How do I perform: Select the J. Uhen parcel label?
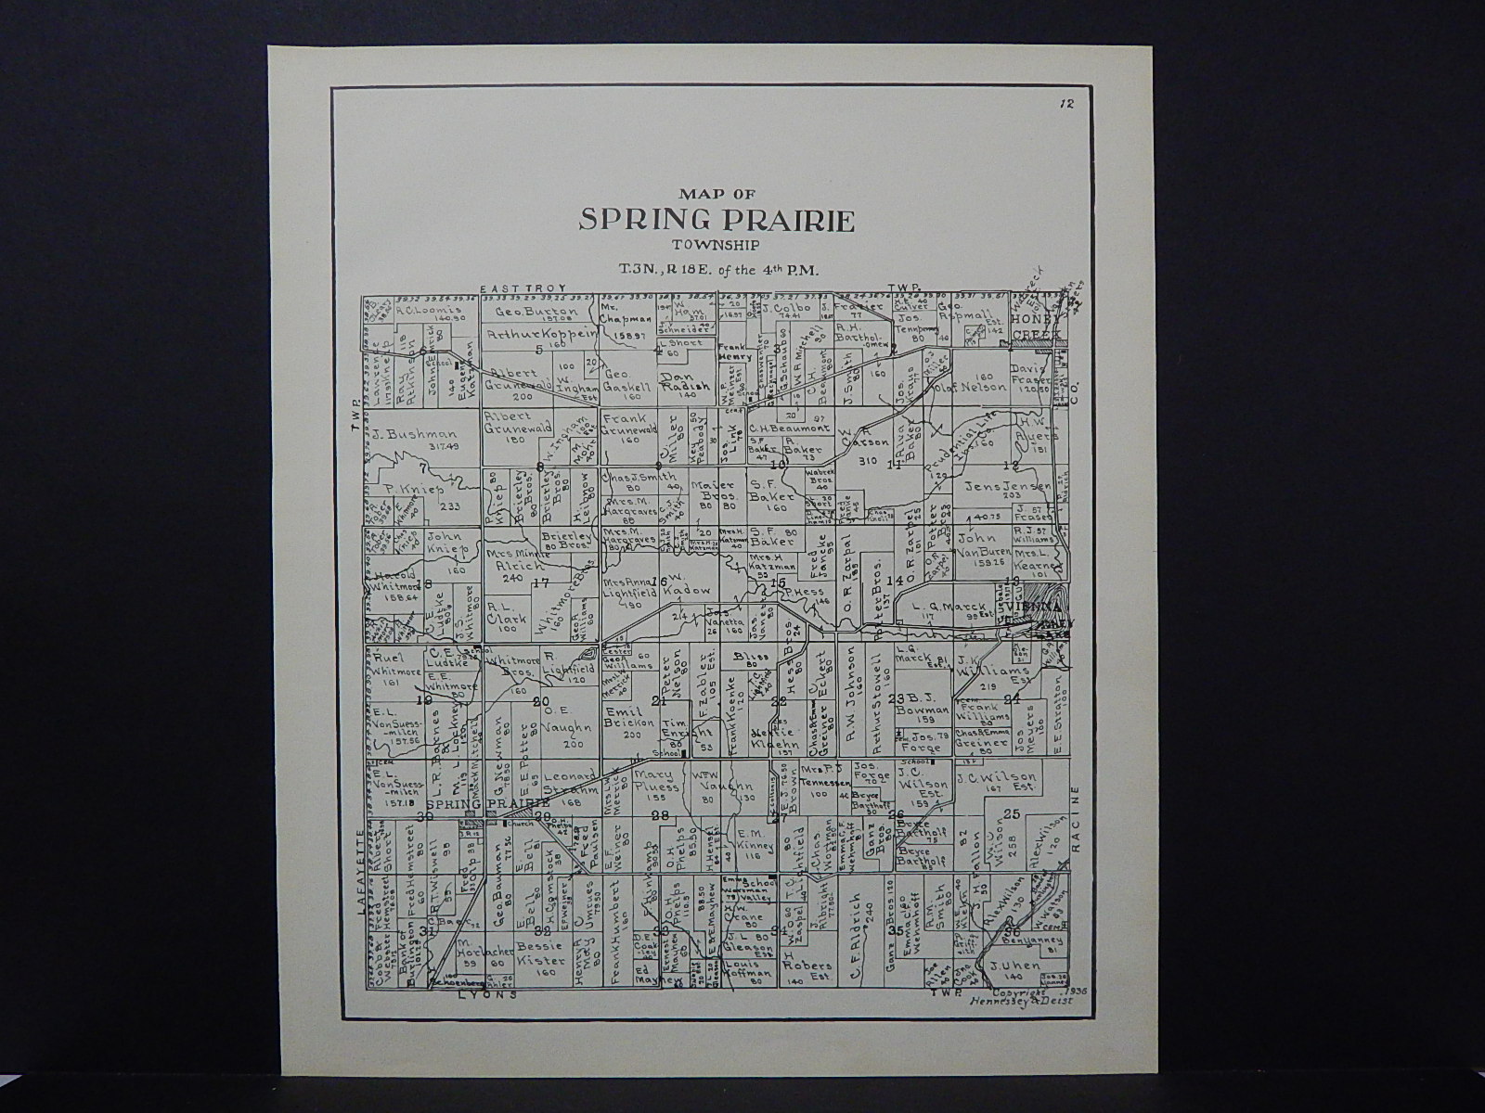click(x=1006, y=966)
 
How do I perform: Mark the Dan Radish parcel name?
click(x=688, y=382)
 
